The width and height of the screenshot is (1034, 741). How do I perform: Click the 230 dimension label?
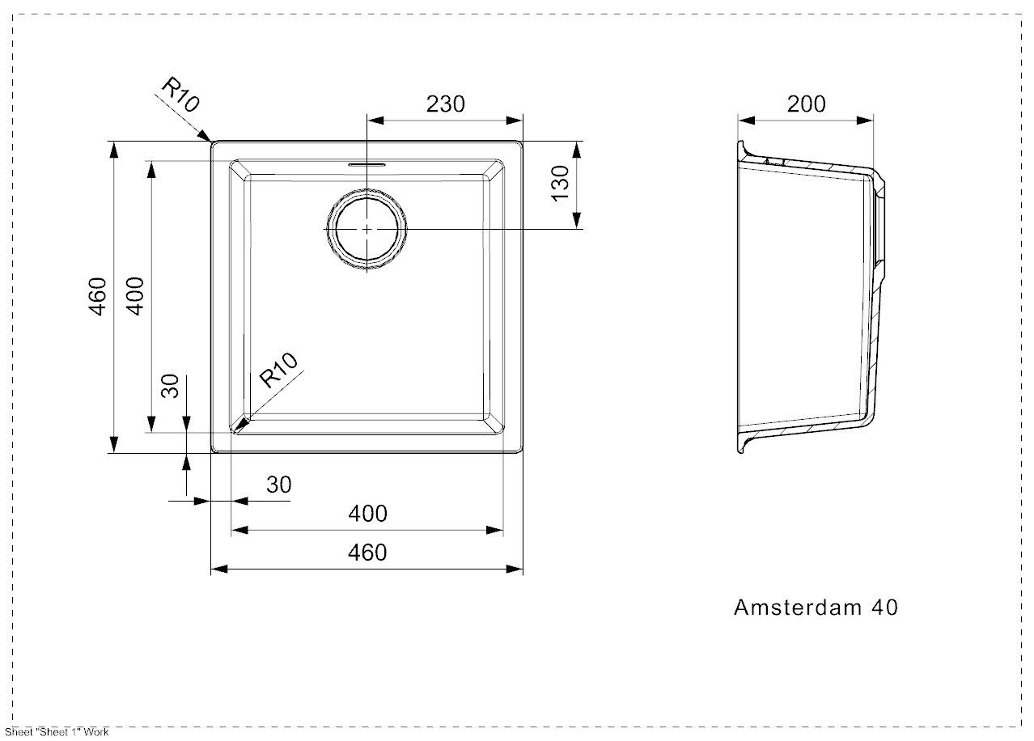tap(445, 104)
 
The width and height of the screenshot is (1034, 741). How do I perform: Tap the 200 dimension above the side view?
tap(806, 104)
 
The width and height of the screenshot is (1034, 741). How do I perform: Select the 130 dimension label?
tap(560, 184)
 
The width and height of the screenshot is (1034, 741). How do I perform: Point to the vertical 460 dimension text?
tap(98, 296)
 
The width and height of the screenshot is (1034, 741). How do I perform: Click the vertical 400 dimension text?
tap(135, 296)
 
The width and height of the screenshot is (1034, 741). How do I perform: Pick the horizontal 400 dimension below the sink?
tap(367, 513)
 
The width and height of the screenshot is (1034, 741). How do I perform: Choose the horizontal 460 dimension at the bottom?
tap(367, 552)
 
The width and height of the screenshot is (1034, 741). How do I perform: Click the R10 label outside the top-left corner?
tap(180, 93)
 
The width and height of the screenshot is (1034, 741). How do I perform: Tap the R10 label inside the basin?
tap(279, 371)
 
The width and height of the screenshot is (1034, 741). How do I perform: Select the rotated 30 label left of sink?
tap(169, 386)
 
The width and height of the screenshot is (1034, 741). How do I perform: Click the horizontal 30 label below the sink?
tap(278, 485)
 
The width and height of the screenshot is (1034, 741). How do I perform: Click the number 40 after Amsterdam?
tap(884, 608)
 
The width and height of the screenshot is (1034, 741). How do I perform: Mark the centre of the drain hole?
tap(367, 229)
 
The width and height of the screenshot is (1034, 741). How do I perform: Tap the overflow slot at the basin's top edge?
tap(367, 163)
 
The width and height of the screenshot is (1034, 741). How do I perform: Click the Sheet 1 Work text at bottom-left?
tap(57, 733)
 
